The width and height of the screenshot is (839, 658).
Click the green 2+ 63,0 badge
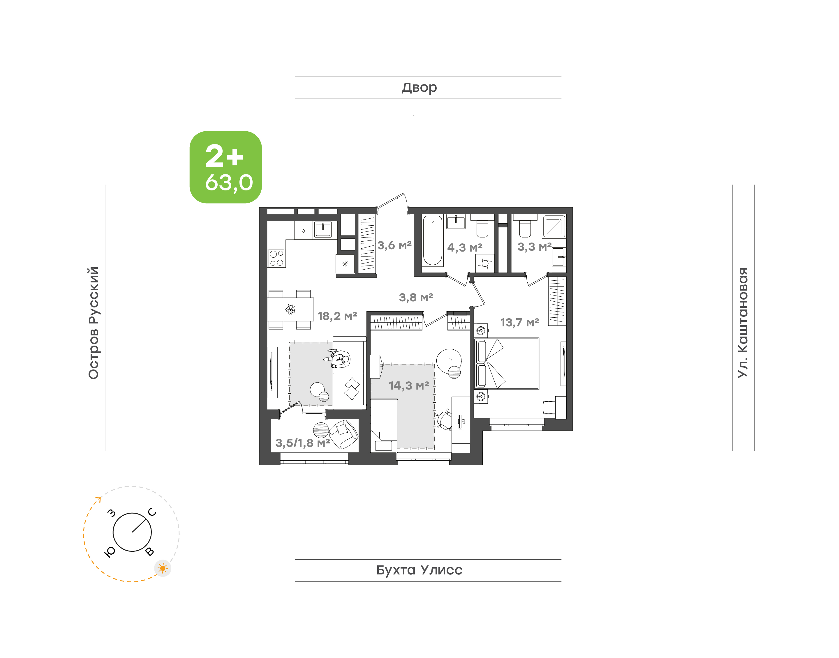[x=225, y=167]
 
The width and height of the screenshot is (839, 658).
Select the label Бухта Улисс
[x=419, y=570]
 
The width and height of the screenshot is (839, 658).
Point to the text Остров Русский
[x=94, y=323]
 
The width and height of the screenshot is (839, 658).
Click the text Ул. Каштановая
[x=743, y=323]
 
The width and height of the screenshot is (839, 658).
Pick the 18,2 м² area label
[x=337, y=316]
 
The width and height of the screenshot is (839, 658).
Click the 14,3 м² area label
[x=408, y=386]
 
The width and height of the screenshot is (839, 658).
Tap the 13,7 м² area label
[x=519, y=323]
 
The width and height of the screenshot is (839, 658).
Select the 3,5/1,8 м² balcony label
[x=302, y=443]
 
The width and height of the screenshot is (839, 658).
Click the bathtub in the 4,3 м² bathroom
[x=432, y=241]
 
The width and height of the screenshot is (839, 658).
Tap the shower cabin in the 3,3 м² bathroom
[x=554, y=226]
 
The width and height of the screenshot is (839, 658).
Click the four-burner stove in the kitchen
[x=276, y=258]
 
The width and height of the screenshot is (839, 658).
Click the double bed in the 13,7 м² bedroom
[x=507, y=364]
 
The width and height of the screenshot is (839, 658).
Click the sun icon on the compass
[x=163, y=568]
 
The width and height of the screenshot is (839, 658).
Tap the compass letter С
[x=152, y=512]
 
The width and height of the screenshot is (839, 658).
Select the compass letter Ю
[x=110, y=552]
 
